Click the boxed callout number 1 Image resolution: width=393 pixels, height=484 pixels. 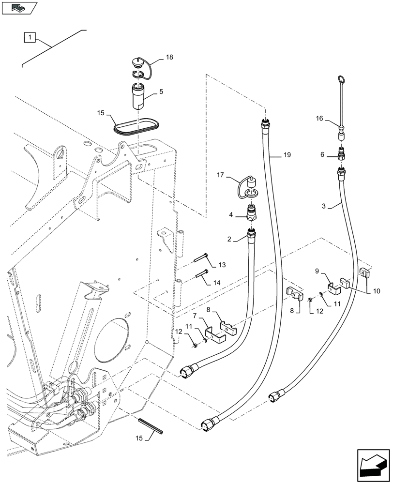click(x=30, y=37)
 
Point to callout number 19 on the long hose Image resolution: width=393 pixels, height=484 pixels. click(x=287, y=155)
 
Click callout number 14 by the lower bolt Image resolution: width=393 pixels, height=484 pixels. click(x=222, y=283)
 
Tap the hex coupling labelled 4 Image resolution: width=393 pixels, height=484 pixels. click(x=252, y=212)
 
